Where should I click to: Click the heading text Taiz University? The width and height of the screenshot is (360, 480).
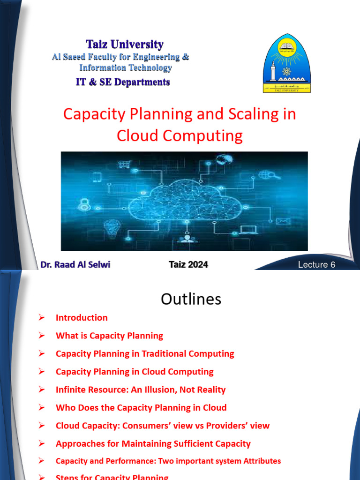point(125,45)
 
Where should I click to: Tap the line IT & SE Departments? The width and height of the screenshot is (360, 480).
point(123,82)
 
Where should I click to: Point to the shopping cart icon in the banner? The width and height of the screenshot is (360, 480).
point(124,165)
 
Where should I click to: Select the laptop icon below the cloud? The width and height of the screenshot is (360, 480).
point(248,229)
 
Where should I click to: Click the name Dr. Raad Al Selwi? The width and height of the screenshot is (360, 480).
point(75,264)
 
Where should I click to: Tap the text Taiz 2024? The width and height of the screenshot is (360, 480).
point(188,264)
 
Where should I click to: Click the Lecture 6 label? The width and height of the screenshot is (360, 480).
point(317,265)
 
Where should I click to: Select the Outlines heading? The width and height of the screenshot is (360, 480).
point(191,299)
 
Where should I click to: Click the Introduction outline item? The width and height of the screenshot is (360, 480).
point(82,318)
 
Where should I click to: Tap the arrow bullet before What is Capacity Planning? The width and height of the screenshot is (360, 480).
point(42,336)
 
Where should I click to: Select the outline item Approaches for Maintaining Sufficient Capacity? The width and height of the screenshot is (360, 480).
point(153,443)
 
